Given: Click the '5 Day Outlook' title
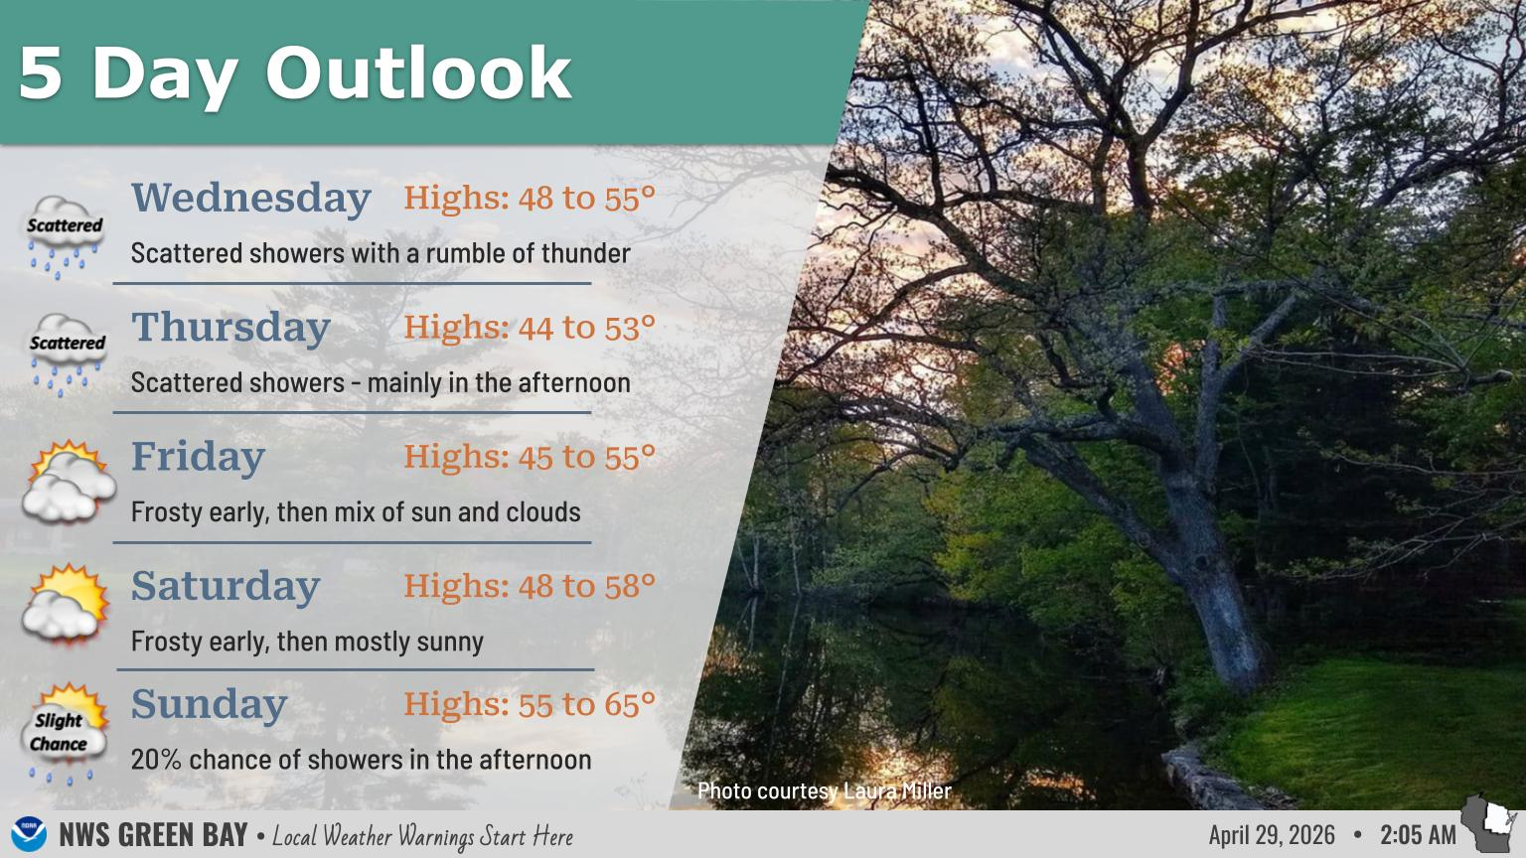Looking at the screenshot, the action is [x=294, y=74].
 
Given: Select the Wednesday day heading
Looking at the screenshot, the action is [x=250, y=199].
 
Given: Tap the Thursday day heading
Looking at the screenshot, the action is [x=230, y=328].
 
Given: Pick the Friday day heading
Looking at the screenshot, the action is [x=198, y=457].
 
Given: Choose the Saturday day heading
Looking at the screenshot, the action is [x=226, y=586].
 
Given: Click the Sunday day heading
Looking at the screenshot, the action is [x=209, y=705].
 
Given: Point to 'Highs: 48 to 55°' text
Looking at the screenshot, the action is [x=530, y=199].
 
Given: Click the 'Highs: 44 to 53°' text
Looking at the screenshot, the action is [x=530, y=328].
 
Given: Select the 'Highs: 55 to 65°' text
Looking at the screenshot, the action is [x=530, y=705].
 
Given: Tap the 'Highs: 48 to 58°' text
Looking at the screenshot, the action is [x=530, y=586].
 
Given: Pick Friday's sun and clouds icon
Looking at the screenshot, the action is [x=69, y=482].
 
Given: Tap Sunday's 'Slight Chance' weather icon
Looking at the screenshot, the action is [x=66, y=734].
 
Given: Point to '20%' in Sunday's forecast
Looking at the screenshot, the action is [x=156, y=760].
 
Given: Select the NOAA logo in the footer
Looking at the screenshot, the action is [x=29, y=834].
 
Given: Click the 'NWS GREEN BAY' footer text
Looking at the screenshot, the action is [x=153, y=835].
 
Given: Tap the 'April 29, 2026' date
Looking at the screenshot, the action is [x=1272, y=835].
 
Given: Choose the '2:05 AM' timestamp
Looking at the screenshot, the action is [x=1419, y=835].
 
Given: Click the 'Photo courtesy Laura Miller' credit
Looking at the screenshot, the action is [x=825, y=790].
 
